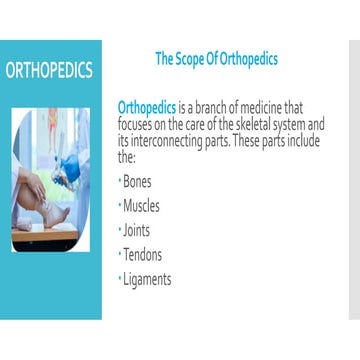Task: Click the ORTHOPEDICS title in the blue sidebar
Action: click(50, 71)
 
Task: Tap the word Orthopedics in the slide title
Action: click(250, 59)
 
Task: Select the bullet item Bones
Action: click(136, 182)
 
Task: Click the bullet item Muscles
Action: click(140, 206)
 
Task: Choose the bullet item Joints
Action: click(136, 230)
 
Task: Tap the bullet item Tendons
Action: click(141, 255)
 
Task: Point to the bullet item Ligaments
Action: click(146, 280)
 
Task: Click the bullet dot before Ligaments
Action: click(119, 278)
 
